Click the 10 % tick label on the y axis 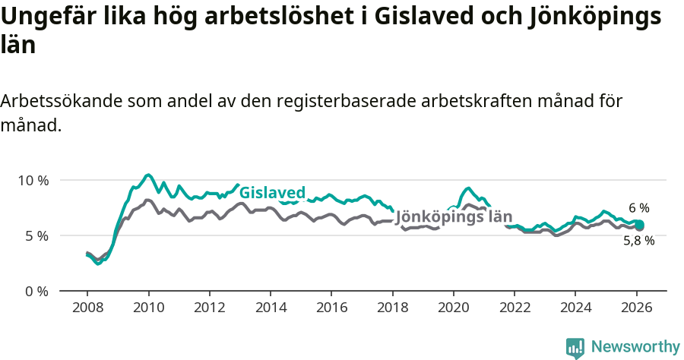(33, 181)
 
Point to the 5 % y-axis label (36, 236)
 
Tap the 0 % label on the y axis (36, 292)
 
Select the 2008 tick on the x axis (87, 308)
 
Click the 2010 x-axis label (148, 308)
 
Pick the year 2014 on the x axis (271, 308)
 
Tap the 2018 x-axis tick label (392, 308)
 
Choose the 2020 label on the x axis (454, 308)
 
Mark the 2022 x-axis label (515, 308)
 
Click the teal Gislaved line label (272, 192)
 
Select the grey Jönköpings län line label (454, 216)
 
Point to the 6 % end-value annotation (639, 207)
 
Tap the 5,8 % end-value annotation (639, 241)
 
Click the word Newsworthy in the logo (635, 346)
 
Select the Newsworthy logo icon (575, 347)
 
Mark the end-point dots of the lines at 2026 (640, 225)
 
